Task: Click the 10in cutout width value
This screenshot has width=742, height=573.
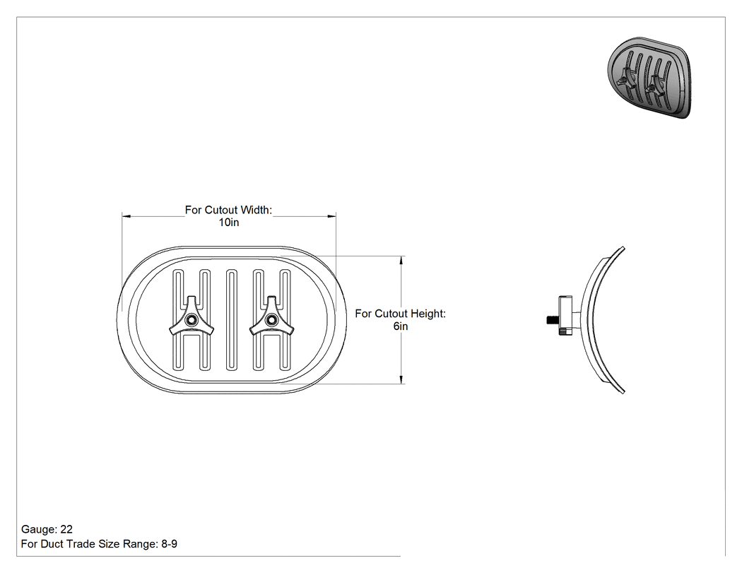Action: (x=228, y=223)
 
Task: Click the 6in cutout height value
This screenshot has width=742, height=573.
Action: (x=401, y=326)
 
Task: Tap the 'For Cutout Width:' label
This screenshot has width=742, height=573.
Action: (x=228, y=210)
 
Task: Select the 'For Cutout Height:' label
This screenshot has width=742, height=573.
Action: (x=401, y=314)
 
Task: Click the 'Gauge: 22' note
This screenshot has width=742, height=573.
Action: (x=47, y=529)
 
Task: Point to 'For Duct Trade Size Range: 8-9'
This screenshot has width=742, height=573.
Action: (x=99, y=544)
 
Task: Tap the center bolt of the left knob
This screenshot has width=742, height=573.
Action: (x=192, y=320)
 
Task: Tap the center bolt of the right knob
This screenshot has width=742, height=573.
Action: (x=271, y=320)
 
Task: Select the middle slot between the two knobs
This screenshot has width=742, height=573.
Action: (x=231, y=319)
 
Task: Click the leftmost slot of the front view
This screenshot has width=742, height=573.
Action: (x=178, y=319)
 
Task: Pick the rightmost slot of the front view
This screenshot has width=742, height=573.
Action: (x=285, y=319)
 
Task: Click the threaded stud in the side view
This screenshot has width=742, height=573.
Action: (x=553, y=320)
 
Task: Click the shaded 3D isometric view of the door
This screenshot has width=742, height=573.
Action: (x=649, y=77)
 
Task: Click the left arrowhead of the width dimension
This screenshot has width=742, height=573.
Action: (x=126, y=216)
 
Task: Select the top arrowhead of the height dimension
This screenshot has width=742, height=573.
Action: (x=401, y=260)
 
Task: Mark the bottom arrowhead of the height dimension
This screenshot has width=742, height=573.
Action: (x=401, y=379)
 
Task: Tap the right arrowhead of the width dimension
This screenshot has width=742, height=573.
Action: (x=331, y=216)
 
